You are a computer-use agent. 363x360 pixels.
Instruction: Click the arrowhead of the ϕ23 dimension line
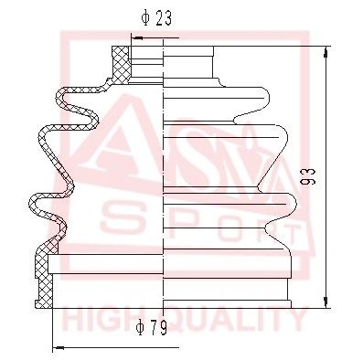pyautogui.click(x=136, y=39)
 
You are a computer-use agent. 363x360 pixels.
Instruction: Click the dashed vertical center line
pyautogui.click(x=164, y=183)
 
